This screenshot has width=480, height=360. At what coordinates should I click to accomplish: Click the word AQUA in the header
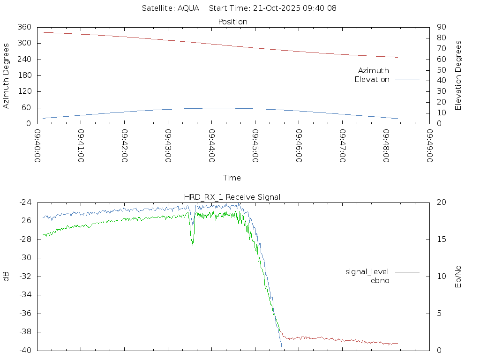188,8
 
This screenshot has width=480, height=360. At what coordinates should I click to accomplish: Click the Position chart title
232,22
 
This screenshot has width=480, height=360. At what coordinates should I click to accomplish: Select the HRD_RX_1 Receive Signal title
232,197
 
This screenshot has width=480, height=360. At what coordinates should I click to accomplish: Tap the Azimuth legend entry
374,70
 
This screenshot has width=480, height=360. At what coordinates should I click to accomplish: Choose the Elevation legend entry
372,79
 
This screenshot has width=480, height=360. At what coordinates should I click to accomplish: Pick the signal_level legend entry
367,272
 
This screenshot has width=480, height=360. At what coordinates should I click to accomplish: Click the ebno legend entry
380,280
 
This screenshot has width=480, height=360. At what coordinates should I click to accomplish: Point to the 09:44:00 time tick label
212,146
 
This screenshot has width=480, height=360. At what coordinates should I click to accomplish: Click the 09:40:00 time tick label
38,146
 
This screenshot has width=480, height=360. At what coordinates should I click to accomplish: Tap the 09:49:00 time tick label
429,146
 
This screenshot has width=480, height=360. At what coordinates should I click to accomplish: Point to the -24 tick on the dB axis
25,202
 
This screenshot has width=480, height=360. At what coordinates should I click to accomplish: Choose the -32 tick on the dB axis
25,277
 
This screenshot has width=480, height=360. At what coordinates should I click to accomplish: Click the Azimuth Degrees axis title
6,75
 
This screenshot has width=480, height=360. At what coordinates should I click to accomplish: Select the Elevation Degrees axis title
458,75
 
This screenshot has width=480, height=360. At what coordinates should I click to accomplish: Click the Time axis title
232,178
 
